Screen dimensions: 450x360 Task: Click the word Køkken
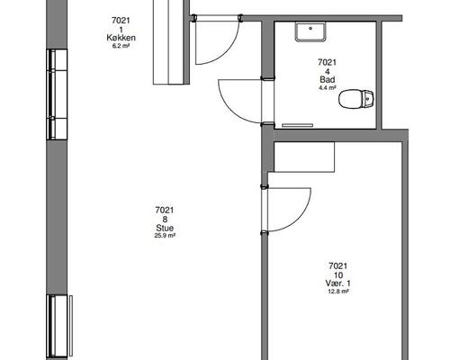(x=121, y=38)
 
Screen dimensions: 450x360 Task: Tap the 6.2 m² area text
(x=121, y=46)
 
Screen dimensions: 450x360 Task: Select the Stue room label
(x=165, y=228)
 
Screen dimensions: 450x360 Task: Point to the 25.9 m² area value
(x=165, y=236)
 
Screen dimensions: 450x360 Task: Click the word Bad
(x=328, y=80)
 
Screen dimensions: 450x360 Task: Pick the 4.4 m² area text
(x=328, y=88)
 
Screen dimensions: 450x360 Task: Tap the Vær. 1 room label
(x=338, y=283)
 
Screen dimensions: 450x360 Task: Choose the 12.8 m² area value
(x=338, y=291)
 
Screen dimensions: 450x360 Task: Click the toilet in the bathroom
(x=356, y=99)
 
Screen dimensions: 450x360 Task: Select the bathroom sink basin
(x=310, y=31)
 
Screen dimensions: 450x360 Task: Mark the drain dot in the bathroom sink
(x=310, y=29)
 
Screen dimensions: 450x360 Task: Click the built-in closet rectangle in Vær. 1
(x=304, y=157)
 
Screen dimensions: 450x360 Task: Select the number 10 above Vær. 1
(x=338, y=274)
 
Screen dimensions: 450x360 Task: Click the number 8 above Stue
(x=165, y=220)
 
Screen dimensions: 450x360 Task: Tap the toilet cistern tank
(x=367, y=99)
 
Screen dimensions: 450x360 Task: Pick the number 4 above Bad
(x=328, y=71)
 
